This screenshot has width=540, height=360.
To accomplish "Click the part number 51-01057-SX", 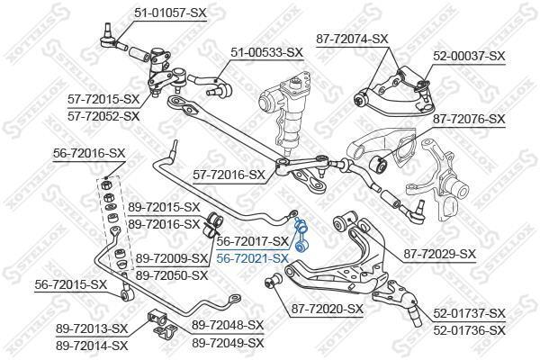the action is pyautogui.click(x=170, y=13).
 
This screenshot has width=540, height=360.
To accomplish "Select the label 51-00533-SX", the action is pyautogui.click(x=266, y=53).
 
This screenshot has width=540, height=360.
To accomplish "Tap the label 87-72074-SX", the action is pyautogui.click(x=352, y=39).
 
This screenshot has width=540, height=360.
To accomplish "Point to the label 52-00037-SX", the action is pyautogui.click(x=469, y=56).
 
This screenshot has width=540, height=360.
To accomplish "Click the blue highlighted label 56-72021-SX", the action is pyautogui.click(x=252, y=258).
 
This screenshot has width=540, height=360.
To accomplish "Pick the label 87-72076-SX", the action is pyautogui.click(x=469, y=120).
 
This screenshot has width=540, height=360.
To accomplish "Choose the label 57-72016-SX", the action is pyautogui.click(x=229, y=175).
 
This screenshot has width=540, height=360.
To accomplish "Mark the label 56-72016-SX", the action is pyautogui.click(x=89, y=153).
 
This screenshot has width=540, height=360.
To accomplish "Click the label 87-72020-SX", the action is pyautogui.click(x=328, y=309).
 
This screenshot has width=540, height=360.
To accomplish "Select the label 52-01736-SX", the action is pyautogui.click(x=469, y=330).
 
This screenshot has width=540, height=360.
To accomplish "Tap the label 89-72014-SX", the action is pyautogui.click(x=92, y=346).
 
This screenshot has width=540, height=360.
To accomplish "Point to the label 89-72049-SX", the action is pyautogui.click(x=228, y=343).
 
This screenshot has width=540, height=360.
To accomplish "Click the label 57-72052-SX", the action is pyautogui.click(x=103, y=116).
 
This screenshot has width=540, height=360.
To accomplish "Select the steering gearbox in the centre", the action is pyautogui.click(x=284, y=110).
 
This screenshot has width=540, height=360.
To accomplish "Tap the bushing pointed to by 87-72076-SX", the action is pyautogui.click(x=378, y=164).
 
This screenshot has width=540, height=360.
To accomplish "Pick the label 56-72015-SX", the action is pyautogui.click(x=70, y=285).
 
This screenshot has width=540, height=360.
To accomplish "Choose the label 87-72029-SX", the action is pyautogui.click(x=439, y=254).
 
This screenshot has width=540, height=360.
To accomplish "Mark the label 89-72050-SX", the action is pyautogui.click(x=172, y=275).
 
